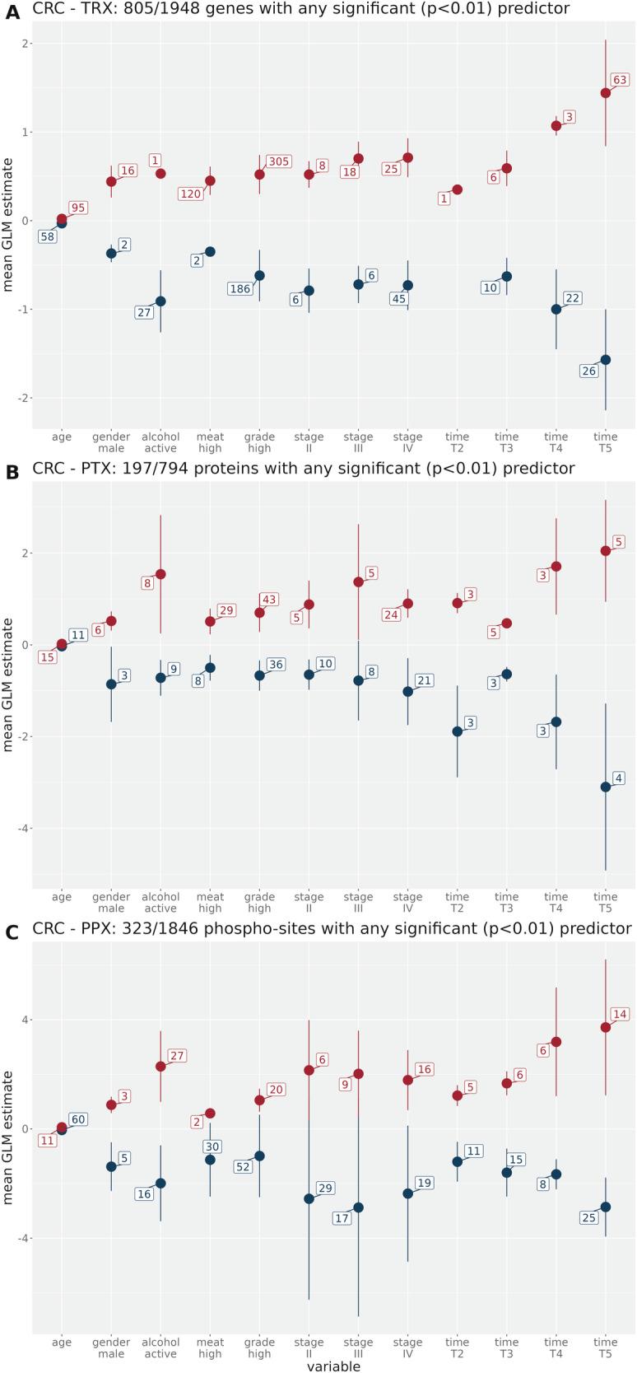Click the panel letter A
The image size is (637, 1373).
tap(12, 11)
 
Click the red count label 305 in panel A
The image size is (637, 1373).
tap(278, 161)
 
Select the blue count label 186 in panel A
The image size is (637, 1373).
tap(239, 289)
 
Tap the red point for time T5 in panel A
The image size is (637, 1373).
tap(605, 93)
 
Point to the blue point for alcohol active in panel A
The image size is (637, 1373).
tap(160, 301)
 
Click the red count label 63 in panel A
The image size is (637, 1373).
tap(620, 80)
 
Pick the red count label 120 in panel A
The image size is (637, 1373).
tap(190, 194)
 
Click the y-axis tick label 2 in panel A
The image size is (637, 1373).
tap(26, 44)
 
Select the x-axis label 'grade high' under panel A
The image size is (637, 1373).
tap(259, 442)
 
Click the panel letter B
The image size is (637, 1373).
tap(12, 472)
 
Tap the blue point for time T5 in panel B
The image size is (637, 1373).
tap(605, 787)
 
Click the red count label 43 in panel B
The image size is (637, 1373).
tap(269, 600)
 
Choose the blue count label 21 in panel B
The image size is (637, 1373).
tap(424, 680)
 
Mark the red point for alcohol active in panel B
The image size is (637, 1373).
tap(160, 574)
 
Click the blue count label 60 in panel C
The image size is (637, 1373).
tap(78, 1119)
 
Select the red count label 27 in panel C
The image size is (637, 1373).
tap(177, 1056)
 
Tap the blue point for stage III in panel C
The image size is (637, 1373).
tap(358, 1207)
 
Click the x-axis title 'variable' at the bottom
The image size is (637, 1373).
tap(333, 1366)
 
